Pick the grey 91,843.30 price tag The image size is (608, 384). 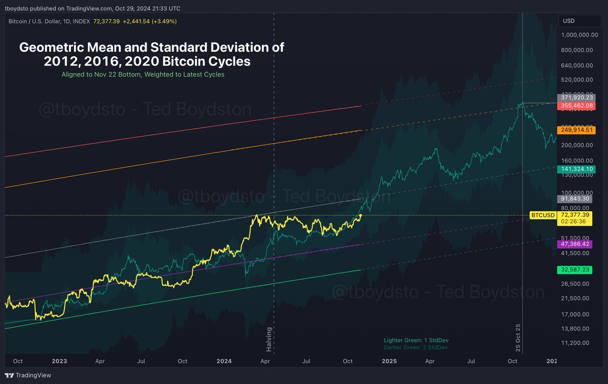[575, 199]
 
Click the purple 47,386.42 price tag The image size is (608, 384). [575, 244]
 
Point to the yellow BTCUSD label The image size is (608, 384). [542, 215]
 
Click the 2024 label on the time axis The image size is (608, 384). [224, 361]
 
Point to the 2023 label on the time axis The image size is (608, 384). [59, 361]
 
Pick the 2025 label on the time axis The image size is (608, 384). [389, 361]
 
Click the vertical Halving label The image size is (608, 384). [270, 339]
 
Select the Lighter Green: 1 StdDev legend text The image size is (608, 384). [415, 340]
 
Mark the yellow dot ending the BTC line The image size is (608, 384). [360, 215]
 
